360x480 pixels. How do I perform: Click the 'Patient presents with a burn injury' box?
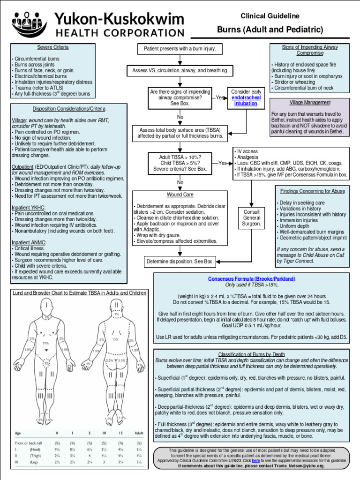tap(180, 49)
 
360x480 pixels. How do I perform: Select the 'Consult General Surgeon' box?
tap(251, 218)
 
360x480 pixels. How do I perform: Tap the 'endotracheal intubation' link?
tap(245, 101)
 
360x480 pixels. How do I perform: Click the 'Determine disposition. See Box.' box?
tap(180, 261)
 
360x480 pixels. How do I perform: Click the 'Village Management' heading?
tap(310, 102)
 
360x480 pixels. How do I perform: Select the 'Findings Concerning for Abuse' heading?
tap(312, 191)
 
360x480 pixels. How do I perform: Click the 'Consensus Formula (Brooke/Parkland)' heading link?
tap(252, 278)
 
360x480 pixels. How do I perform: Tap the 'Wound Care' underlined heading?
tap(180, 195)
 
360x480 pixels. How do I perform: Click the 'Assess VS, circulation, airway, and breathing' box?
tap(180, 71)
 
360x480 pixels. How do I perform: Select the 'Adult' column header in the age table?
tap(139, 433)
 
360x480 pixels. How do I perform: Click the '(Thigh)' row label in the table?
tap(34, 455)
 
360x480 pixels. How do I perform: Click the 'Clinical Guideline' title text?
tap(270, 16)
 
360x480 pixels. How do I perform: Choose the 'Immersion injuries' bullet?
tap(297, 219)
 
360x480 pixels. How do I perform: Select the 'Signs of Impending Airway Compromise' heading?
tap(310, 50)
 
